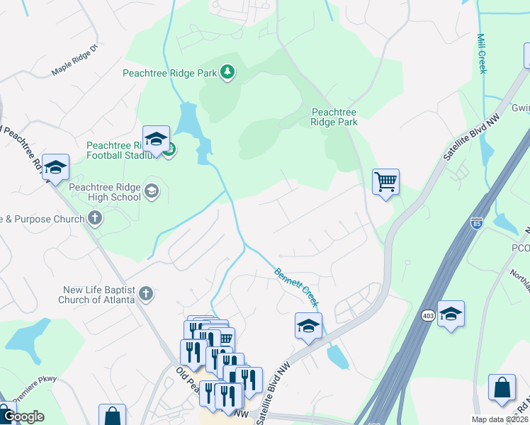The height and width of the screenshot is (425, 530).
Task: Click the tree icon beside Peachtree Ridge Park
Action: click(227, 72)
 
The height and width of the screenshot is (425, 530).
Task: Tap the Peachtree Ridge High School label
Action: click(105, 192)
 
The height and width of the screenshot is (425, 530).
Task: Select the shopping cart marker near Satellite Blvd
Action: click(385, 182)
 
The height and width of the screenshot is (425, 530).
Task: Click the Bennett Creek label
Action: click(296, 287)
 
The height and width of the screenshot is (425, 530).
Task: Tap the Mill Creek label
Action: click(482, 53)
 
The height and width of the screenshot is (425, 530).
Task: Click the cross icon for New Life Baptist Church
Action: click(146, 293)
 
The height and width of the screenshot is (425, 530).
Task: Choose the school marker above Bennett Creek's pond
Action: click(308, 327)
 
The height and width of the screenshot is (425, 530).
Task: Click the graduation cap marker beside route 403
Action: click(451, 314)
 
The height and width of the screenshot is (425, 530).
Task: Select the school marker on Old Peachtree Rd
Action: click(55, 168)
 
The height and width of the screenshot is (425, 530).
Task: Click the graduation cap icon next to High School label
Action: click(152, 191)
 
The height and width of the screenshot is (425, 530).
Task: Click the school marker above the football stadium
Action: click(156, 140)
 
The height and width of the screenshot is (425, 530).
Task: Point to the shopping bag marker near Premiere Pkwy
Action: click(112, 416)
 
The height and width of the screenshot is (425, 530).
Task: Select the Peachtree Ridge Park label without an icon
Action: click(334, 117)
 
